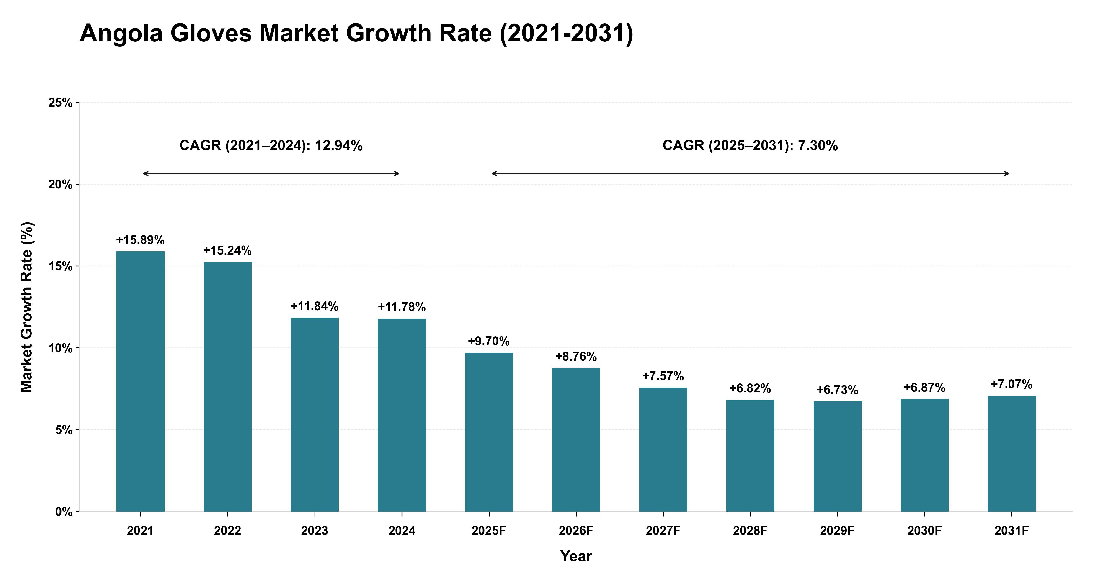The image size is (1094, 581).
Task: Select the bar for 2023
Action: (x=315, y=414)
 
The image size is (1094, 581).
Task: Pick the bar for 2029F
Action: (x=838, y=456)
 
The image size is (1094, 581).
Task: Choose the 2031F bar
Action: (x=1012, y=454)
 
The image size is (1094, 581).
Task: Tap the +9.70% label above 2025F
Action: (x=489, y=341)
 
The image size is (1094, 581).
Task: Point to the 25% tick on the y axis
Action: (x=60, y=103)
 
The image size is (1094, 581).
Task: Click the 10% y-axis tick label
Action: (x=60, y=348)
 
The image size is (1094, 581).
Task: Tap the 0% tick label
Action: (x=64, y=512)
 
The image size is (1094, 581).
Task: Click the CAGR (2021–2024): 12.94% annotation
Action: (x=271, y=146)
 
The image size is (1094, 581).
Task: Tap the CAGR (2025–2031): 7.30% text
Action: (x=750, y=146)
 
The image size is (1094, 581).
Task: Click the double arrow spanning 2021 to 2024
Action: (x=271, y=173)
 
